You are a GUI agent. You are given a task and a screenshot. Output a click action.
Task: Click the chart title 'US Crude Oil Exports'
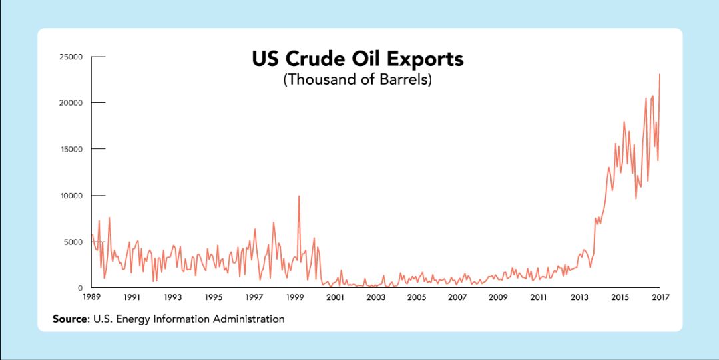point(358,59)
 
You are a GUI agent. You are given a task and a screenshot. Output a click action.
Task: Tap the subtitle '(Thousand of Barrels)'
point(358,80)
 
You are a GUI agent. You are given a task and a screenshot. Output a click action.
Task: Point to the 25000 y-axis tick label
point(70,57)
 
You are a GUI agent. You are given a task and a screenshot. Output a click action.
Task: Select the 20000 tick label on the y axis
point(70,103)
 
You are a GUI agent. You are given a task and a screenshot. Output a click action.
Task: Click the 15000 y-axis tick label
point(70,149)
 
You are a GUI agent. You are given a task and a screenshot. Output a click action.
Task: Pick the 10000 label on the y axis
point(70,196)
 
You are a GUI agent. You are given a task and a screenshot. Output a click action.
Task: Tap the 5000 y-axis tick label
point(72,242)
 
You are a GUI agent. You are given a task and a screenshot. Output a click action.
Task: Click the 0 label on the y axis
point(79,288)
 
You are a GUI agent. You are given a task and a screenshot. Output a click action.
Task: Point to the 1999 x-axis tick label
point(294,297)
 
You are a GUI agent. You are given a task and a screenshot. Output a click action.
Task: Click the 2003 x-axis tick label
point(375,297)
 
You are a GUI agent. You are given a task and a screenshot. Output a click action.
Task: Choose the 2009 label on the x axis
point(498,297)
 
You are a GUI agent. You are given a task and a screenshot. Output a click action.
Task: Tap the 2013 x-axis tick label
point(579,297)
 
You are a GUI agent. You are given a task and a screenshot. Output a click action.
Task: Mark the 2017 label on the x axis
point(659,297)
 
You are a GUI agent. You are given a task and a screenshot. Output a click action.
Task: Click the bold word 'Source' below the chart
point(70,319)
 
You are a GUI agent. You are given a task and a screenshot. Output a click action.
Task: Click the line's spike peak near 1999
point(299,196)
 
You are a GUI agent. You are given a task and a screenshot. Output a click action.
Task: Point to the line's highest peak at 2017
point(659,74)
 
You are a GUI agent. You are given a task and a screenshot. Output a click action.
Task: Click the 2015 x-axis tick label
point(620,297)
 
